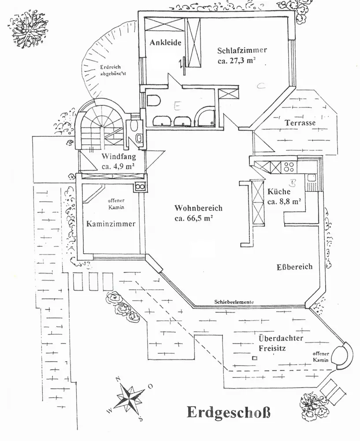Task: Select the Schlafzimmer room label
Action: pyautogui.click(x=242, y=50)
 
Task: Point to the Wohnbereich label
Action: pyautogui.click(x=198, y=208)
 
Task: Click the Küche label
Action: pyautogui.click(x=278, y=192)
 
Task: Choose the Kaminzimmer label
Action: pyautogui.click(x=111, y=224)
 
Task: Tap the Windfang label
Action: pyautogui.click(x=118, y=157)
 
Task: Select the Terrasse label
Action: pyautogui.click(x=300, y=123)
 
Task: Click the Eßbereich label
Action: pyautogui.click(x=294, y=267)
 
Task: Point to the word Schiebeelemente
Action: pyautogui.click(x=234, y=302)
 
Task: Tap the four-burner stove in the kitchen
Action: pyautogui.click(x=289, y=167)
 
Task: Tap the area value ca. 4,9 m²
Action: pyautogui.click(x=118, y=166)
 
